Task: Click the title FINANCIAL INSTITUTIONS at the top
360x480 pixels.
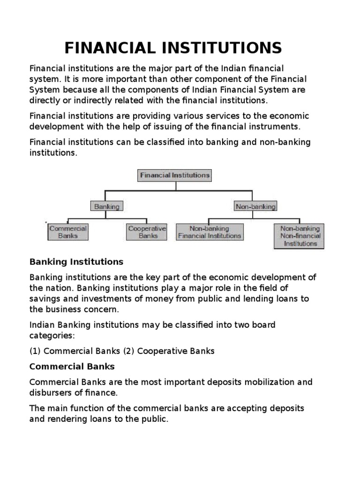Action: point(173,48)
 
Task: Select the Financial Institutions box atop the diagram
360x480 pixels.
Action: point(175,175)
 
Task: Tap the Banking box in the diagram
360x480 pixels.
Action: point(106,206)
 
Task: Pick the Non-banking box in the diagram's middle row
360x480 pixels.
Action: point(255,206)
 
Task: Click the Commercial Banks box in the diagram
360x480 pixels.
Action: point(68,232)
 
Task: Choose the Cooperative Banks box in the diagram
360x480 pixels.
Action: point(147,232)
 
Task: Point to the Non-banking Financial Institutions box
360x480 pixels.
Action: point(210,232)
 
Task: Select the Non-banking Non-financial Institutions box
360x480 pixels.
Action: point(300,236)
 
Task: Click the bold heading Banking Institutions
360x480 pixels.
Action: point(76,262)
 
